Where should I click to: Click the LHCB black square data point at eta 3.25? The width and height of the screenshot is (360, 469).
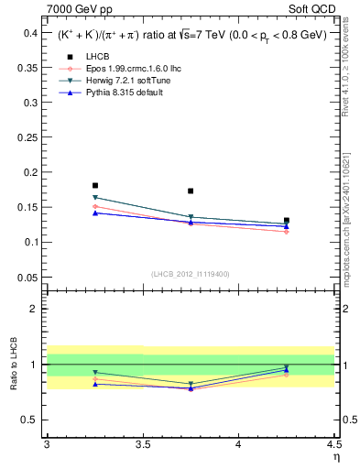pos(95,185)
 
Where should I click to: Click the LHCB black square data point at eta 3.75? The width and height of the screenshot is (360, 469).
pos(191,191)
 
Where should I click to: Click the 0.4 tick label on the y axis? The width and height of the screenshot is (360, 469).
pos(29,32)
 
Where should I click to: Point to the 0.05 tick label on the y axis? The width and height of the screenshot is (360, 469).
pos(27,277)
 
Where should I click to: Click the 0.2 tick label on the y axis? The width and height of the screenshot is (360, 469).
pos(29,172)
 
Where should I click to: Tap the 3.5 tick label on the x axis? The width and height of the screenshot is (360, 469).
pos(142,444)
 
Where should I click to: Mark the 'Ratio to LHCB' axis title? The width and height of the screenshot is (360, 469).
pos(13,365)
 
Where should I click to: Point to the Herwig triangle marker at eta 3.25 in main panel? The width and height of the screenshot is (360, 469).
pos(95,198)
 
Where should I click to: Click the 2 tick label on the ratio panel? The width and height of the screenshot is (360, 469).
pos(36,309)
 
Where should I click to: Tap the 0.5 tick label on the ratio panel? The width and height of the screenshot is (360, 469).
pos(31,420)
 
